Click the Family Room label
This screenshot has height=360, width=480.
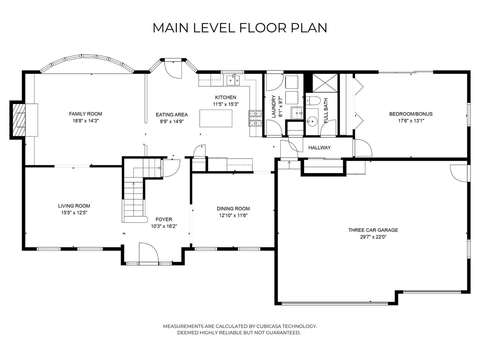(x=86, y=114)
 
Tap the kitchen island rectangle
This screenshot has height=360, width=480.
(x=216, y=118)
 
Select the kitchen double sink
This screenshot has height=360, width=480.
(x=233, y=80)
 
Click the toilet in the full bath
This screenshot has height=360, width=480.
(x=313, y=101)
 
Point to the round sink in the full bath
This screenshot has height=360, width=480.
(x=312, y=121)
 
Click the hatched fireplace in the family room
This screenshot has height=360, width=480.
(x=19, y=120)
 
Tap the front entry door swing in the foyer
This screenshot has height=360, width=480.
(x=148, y=252)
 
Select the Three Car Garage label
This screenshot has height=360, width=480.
(x=373, y=230)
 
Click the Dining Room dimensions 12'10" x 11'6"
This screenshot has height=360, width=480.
(x=233, y=216)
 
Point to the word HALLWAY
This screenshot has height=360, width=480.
(x=319, y=148)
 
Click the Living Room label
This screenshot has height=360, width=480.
(x=74, y=206)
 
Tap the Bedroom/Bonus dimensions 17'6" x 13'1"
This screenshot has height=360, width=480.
(x=411, y=121)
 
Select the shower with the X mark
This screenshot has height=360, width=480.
(x=325, y=83)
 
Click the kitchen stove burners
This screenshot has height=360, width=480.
(x=255, y=118)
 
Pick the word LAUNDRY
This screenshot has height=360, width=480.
(x=273, y=106)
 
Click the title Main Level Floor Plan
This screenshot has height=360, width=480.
(x=240, y=28)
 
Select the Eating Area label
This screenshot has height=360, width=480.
(x=172, y=115)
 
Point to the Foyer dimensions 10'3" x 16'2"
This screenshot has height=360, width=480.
(x=164, y=226)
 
